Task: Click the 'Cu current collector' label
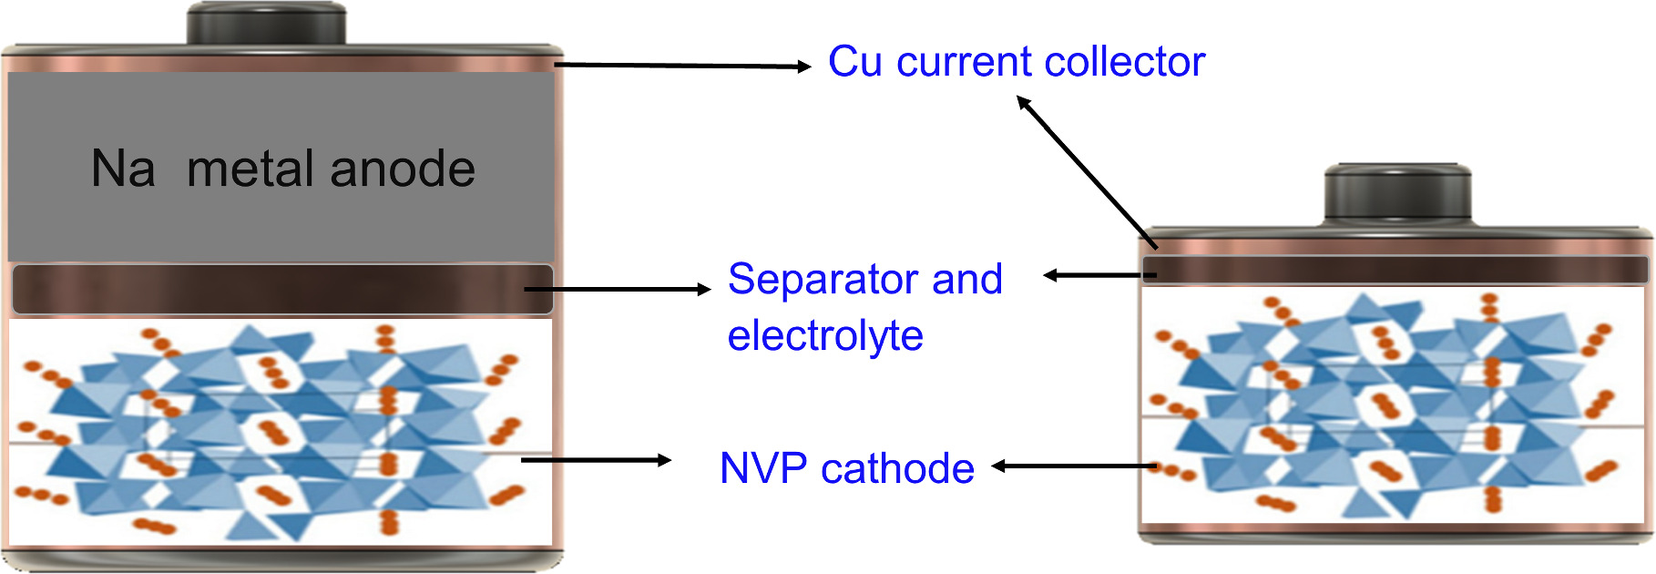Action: pos(1016,62)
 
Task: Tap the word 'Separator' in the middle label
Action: pos(821,279)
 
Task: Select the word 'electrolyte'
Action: pos(825,335)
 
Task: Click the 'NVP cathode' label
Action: pos(846,468)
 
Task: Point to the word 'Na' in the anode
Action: pos(123,169)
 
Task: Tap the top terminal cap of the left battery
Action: pos(266,24)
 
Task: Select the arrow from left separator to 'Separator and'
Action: pos(618,290)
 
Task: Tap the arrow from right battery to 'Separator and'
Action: pos(1098,275)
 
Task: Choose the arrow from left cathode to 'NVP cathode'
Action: pos(596,460)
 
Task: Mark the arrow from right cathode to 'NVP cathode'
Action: pos(1075,466)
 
